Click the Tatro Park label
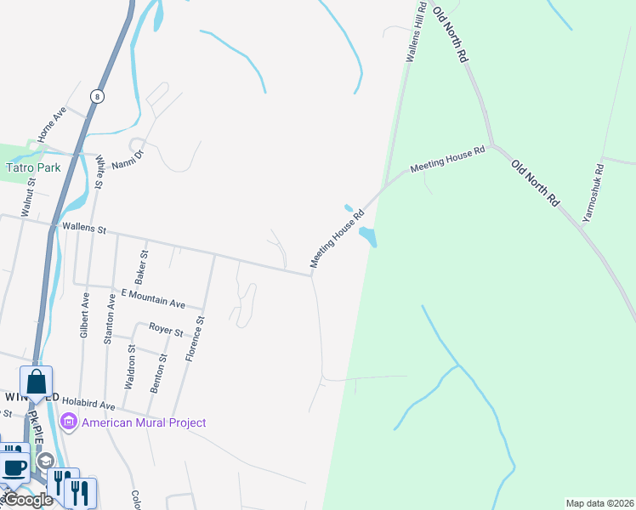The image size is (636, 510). pos(33,167)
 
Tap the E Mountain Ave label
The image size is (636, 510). pos(153,298)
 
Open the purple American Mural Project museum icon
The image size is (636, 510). pos(68,422)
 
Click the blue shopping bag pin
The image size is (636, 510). pos(37,382)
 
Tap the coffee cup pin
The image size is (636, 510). pos(14,467)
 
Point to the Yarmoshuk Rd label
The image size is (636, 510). pos(593,193)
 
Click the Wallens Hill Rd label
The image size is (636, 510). pos(415,35)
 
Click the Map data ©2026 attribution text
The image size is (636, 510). pos(599,503)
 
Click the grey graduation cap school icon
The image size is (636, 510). pos(44,461)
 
